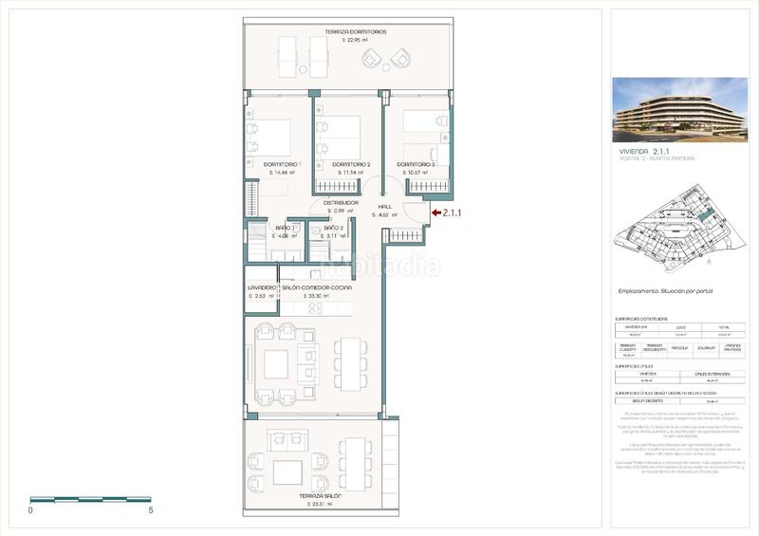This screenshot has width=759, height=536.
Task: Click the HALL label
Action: tap(384, 207)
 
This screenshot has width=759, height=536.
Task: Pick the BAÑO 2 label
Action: tap(333, 229)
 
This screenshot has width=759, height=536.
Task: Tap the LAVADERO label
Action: tap(262, 286)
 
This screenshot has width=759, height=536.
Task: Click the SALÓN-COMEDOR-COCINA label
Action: tap(317, 286)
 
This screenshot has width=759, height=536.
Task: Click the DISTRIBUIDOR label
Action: tap(340, 202)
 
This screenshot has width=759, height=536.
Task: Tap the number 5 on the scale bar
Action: tap(152, 510)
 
